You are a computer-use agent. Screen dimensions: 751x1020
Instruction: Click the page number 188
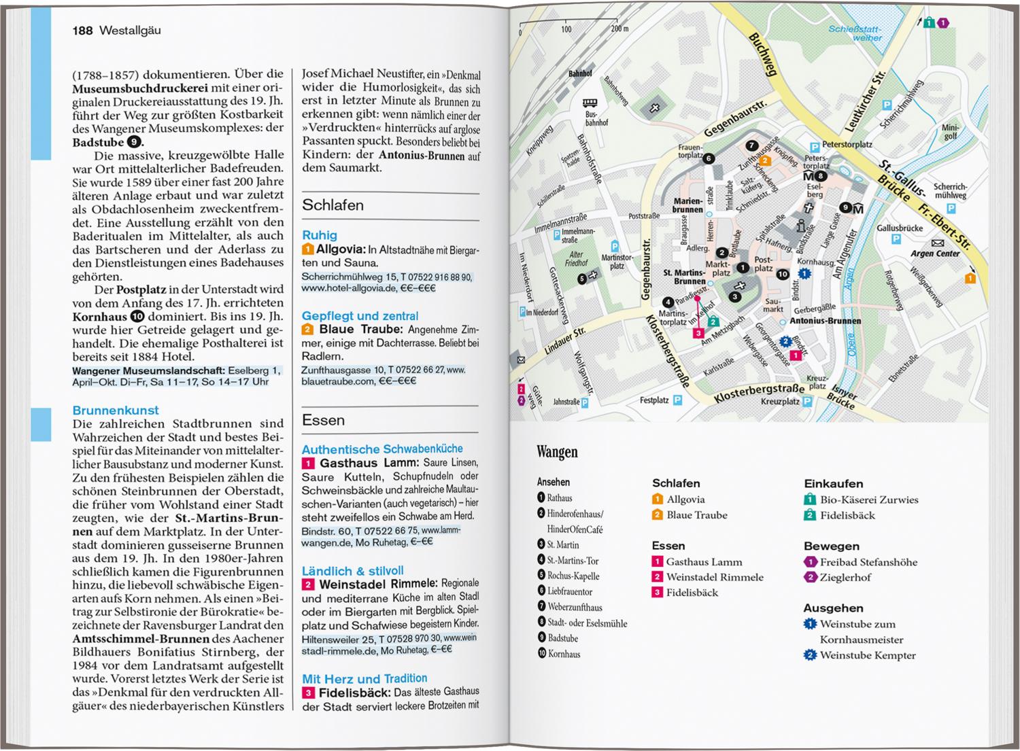point(82,31)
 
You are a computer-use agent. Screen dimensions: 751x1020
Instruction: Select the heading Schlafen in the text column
point(333,205)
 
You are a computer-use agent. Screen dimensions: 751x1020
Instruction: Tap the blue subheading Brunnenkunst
point(116,411)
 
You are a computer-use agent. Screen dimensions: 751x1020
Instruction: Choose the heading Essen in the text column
point(323,420)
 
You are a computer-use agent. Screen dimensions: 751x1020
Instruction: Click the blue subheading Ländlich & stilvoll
point(352,571)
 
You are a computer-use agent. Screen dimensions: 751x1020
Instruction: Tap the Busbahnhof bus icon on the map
point(589,103)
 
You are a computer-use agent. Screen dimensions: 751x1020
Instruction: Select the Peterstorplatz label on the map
point(847,145)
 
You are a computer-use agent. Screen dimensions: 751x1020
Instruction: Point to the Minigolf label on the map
point(950,132)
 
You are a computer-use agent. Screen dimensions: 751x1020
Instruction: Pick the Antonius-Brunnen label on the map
point(825,321)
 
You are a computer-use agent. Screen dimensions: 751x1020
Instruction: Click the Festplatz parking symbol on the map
point(677,400)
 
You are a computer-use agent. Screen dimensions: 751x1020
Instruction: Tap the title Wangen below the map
point(557,452)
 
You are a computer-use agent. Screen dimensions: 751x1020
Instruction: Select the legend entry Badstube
point(562,638)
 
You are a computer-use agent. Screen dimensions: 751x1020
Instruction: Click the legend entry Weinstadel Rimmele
point(714,577)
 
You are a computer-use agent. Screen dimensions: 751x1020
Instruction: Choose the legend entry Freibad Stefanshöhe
point(868,562)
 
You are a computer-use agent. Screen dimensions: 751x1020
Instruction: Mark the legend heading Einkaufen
point(833,483)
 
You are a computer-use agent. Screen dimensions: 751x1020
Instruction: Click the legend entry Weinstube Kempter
point(867,655)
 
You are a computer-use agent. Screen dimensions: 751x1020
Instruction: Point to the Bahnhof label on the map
point(580,73)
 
